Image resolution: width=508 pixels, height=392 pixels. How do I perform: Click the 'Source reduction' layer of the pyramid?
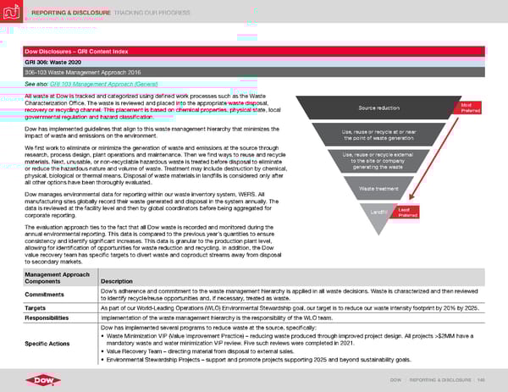378,108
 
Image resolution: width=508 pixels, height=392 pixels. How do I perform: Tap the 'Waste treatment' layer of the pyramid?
378,188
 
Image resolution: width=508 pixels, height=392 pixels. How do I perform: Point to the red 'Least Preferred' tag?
406,212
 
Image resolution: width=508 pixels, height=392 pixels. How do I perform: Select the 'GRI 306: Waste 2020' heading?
55,64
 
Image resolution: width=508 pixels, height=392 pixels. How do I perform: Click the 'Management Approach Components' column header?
56,278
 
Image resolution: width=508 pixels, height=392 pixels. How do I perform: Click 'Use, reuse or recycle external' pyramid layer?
378,161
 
